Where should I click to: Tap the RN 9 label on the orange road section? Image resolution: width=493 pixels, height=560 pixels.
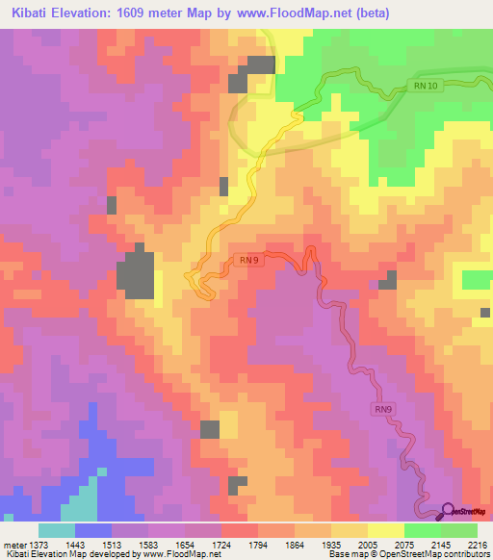(246, 259)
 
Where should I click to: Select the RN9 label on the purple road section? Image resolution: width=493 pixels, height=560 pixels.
(384, 409)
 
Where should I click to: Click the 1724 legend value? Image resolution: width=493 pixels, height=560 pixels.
(232, 544)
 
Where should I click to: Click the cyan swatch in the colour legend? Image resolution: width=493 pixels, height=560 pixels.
(57, 529)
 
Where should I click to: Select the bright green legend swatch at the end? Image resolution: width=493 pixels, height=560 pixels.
(459, 529)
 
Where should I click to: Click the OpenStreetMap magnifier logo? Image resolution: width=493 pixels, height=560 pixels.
(448, 510)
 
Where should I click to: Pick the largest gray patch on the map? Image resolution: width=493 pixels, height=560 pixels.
(136, 273)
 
